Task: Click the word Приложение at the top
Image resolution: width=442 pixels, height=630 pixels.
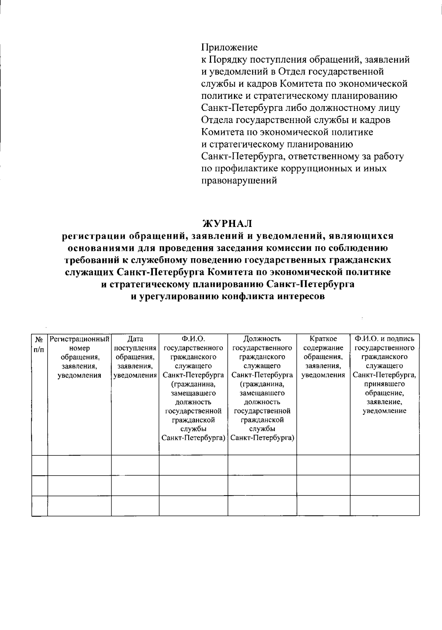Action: click(x=229, y=48)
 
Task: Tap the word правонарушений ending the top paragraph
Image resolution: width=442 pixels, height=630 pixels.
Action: click(x=239, y=181)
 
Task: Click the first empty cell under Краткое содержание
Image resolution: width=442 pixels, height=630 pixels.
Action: click(x=323, y=465)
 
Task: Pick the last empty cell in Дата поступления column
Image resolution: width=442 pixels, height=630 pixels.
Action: click(x=135, y=505)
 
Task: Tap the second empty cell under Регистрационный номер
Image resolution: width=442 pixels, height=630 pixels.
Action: click(x=80, y=485)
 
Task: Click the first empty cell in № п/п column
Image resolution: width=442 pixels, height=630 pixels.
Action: click(x=39, y=465)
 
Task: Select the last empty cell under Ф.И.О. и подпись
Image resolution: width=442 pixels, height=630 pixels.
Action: click(x=385, y=505)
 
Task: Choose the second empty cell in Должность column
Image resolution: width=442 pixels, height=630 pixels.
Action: click(x=262, y=485)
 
